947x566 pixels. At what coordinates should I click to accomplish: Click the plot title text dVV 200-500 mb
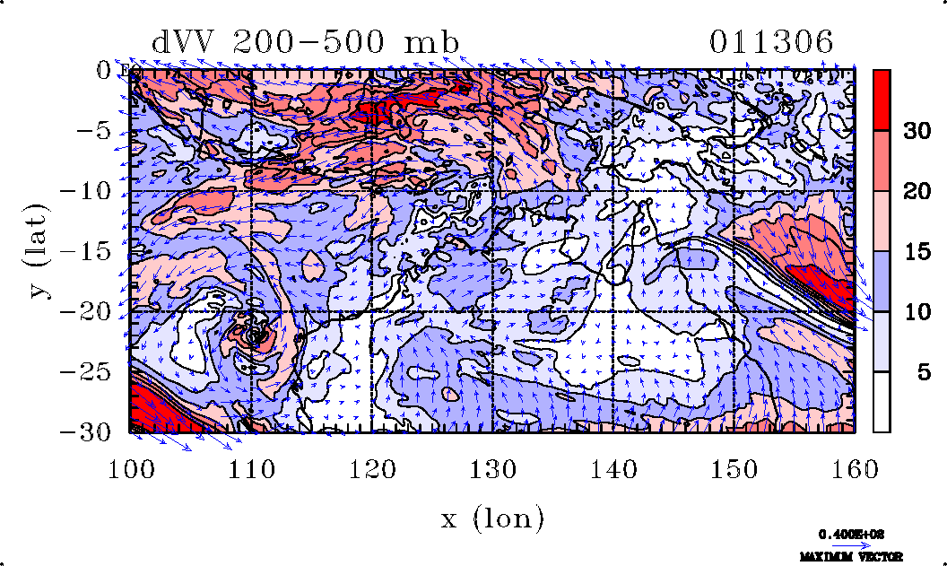[x=306, y=42]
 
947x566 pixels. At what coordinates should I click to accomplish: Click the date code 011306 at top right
[x=772, y=42]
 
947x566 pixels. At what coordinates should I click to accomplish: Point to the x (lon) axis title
[x=492, y=518]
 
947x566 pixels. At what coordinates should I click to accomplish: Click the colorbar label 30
[x=916, y=131]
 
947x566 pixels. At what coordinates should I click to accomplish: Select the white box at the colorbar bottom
[x=882, y=402]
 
